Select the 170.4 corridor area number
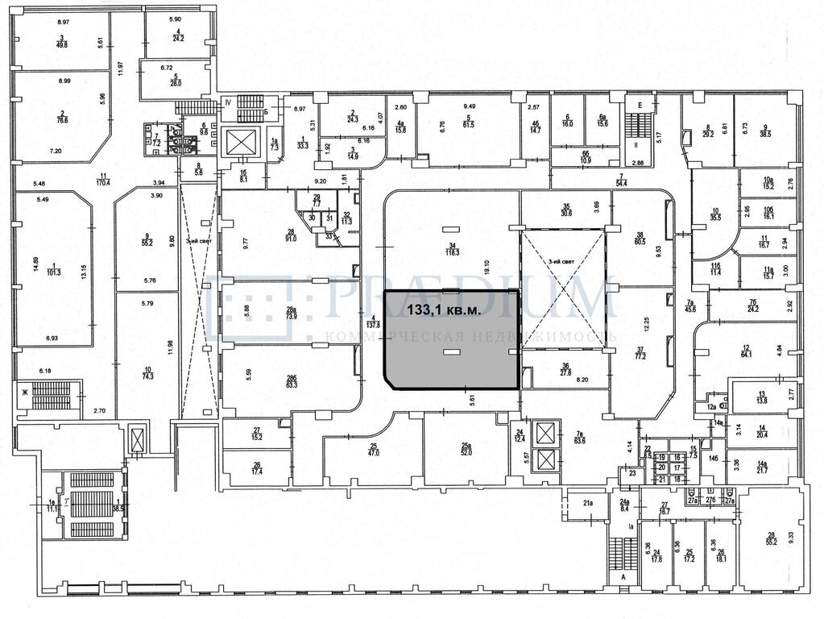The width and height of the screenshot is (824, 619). point(102,183)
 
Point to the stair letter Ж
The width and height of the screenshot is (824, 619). point(25,391)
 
